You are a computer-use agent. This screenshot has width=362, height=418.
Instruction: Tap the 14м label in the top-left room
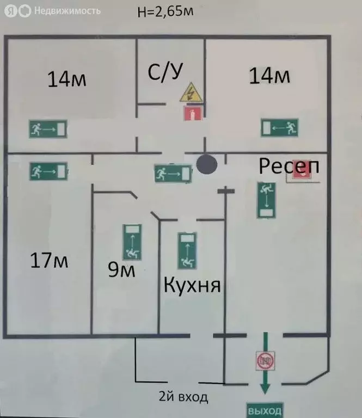point(67,79)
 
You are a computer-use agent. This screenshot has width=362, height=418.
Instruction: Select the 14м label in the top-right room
point(269,76)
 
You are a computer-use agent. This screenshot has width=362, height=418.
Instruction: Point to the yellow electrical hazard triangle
point(191,94)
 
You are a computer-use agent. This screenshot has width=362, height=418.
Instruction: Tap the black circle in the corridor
point(206,164)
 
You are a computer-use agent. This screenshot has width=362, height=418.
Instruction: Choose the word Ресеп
point(287,165)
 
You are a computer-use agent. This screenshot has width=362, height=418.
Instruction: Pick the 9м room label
point(121,269)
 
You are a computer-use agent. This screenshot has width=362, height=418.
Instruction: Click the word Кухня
point(192,284)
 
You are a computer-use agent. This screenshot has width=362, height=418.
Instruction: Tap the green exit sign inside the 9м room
point(132,242)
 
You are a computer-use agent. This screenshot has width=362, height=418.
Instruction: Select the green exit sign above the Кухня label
point(187,251)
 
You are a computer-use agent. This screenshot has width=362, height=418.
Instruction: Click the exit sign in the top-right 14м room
point(279,128)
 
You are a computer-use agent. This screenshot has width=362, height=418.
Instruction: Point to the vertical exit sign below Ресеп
point(266,200)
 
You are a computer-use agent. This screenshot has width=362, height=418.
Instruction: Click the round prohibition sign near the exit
point(265,360)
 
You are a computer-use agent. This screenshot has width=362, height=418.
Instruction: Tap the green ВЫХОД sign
point(265,410)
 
